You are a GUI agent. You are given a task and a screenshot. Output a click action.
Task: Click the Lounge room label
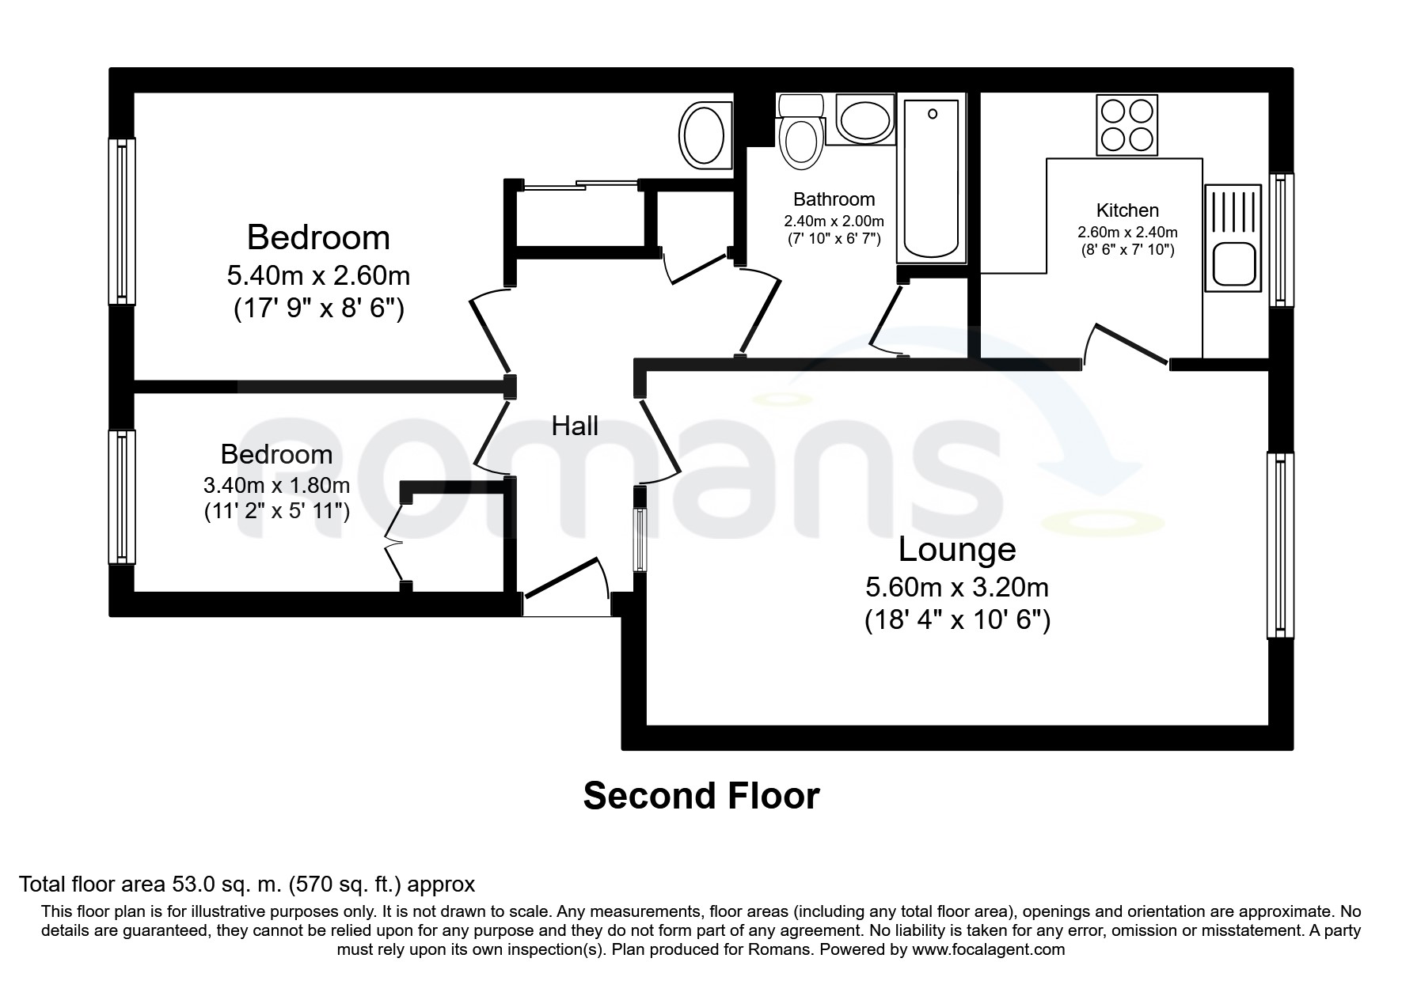tap(956, 549)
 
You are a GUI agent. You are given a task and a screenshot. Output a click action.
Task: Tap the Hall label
tap(575, 426)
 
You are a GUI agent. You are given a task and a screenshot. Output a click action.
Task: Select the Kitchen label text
tap(1127, 210)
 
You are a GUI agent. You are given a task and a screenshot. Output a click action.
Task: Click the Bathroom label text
tap(834, 199)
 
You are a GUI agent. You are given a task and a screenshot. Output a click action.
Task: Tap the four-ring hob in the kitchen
tap(1127, 125)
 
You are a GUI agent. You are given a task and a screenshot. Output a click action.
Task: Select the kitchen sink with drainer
tap(1232, 237)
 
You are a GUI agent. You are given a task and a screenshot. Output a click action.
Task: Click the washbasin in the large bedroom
tap(703, 135)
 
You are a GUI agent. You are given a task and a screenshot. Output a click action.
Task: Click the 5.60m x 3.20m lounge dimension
tap(956, 587)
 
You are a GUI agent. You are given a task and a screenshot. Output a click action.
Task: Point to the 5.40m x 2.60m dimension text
tap(318, 275)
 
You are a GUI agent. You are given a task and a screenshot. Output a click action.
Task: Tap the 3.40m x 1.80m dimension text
tap(276, 484)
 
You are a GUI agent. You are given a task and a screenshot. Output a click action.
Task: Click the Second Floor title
tap(701, 796)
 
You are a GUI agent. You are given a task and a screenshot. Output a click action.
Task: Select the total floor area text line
tap(246, 884)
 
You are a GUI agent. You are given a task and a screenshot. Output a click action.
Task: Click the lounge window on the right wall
tap(1279, 545)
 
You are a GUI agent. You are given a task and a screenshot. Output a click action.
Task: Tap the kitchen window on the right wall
tap(1281, 240)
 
